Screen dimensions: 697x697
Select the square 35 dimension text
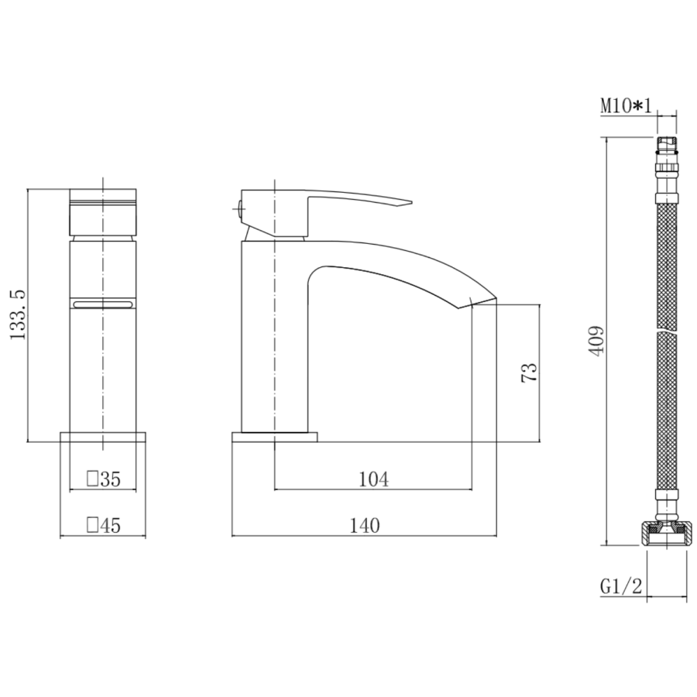click(x=103, y=480)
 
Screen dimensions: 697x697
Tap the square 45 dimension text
click(x=103, y=527)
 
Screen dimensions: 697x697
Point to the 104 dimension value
click(x=373, y=480)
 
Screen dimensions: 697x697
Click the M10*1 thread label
click(x=626, y=106)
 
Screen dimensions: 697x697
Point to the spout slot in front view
click(x=103, y=304)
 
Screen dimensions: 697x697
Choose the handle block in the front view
click(x=103, y=211)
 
